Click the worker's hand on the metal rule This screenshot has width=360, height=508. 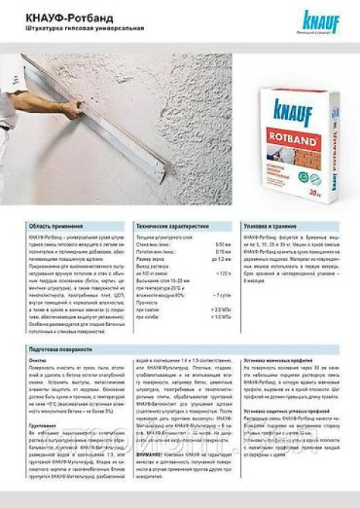[71, 110]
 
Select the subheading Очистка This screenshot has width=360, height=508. [38, 360]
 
